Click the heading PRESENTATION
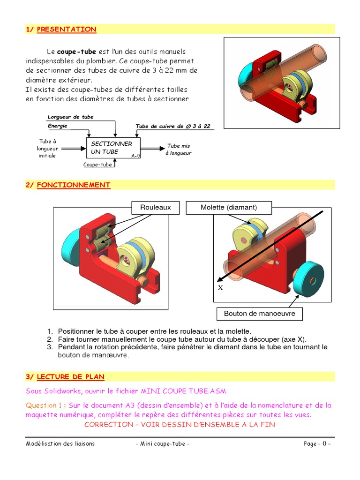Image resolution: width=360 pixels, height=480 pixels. (66, 29)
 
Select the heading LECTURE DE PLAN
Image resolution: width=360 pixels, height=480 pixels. (70, 376)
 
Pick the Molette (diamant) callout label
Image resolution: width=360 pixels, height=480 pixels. (229, 207)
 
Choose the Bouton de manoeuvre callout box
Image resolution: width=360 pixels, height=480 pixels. (259, 313)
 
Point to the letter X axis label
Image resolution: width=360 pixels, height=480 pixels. (220, 287)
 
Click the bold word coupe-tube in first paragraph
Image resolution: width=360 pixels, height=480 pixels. (76, 52)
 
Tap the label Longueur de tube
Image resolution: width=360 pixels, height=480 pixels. (71, 117)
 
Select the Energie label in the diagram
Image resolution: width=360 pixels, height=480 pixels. (58, 126)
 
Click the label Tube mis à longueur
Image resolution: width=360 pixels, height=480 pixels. (179, 150)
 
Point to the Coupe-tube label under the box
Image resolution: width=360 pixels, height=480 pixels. (97, 165)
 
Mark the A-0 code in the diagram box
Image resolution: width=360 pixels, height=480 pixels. (135, 156)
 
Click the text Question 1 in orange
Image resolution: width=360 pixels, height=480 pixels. (45, 405)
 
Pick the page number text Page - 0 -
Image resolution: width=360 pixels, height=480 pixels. (317, 444)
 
